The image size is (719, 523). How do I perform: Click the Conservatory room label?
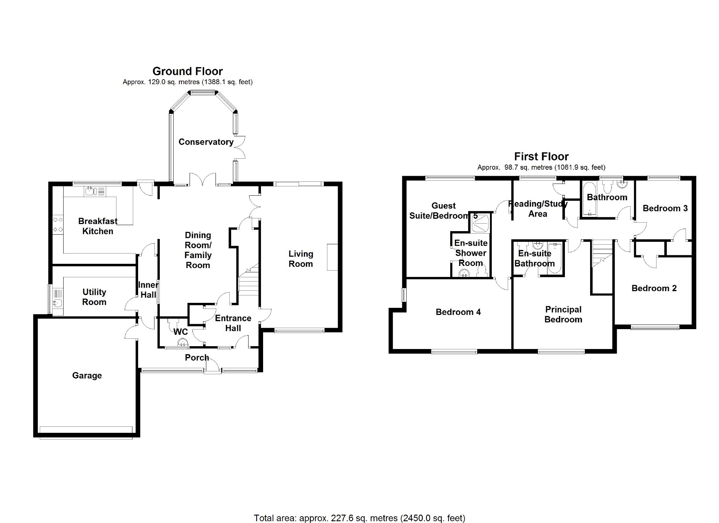click(x=206, y=142)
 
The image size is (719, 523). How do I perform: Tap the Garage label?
click(x=87, y=375)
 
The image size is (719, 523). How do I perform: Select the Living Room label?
click(x=301, y=259)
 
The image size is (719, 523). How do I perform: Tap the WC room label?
click(x=180, y=332)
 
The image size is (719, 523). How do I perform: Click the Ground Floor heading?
click(x=187, y=71)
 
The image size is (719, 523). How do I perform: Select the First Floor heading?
click(x=541, y=156)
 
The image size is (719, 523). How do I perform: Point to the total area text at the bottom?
click(x=359, y=518)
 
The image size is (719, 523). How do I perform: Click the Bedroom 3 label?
click(x=665, y=208)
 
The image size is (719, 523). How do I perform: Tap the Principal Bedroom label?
click(x=563, y=314)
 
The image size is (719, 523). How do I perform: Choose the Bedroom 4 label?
click(x=458, y=312)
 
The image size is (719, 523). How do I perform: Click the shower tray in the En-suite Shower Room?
click(x=481, y=223)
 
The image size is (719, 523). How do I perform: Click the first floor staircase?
click(x=602, y=254)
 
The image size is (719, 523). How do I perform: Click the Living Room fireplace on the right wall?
click(x=332, y=257)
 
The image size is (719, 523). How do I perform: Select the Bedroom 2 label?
click(x=654, y=288)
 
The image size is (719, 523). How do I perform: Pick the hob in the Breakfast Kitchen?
click(x=58, y=225)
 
